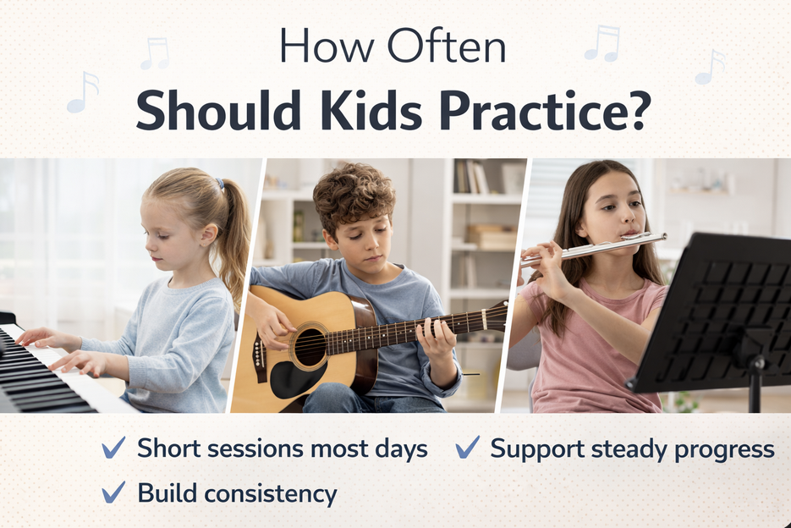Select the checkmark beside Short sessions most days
click(x=113, y=448)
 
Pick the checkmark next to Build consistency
click(x=113, y=492)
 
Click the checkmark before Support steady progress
click(x=467, y=448)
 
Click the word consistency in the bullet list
click(x=270, y=493)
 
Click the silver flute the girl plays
click(x=592, y=248)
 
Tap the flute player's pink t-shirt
click(x=592, y=355)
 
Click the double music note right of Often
click(x=602, y=42)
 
